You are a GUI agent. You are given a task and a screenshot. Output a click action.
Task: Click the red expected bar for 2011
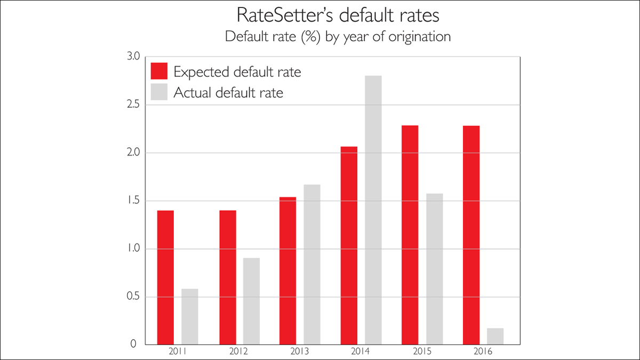click(165, 277)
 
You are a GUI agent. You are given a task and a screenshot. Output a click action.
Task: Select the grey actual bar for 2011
click(189, 317)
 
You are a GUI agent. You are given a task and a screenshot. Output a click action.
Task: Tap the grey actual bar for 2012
click(251, 301)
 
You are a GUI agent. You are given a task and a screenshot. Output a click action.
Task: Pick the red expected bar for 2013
click(287, 271)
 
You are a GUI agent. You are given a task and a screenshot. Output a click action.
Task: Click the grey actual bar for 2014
click(373, 210)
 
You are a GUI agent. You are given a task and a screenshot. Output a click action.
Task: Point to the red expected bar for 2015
click(410, 235)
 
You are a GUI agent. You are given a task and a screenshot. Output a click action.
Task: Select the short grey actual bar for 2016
click(495, 337)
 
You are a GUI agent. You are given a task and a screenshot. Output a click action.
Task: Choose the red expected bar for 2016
click(471, 235)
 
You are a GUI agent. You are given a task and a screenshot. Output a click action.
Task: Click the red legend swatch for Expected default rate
click(159, 71)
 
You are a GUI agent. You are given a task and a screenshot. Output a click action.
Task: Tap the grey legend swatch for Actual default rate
click(159, 92)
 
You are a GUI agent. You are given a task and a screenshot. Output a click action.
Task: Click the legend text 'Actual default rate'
click(228, 92)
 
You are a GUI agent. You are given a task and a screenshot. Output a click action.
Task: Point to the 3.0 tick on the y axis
click(131, 57)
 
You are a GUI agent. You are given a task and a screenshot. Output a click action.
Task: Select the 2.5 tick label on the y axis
click(131, 105)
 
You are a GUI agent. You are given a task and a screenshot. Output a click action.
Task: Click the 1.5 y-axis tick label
click(131, 201)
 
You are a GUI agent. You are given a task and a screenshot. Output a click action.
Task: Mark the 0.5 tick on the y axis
click(131, 297)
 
